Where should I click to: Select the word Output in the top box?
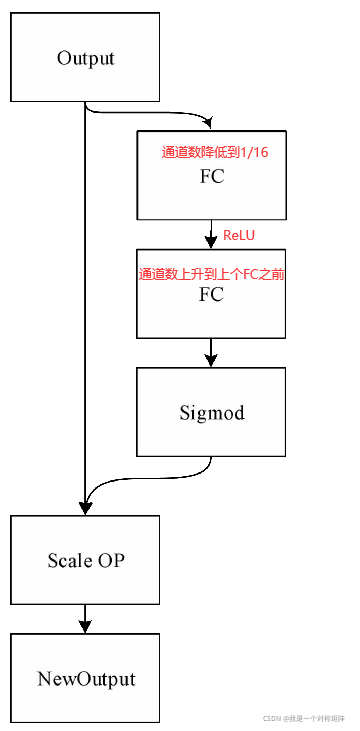point(85,58)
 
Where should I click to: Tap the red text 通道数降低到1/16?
point(210,153)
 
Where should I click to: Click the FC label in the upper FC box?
point(211,177)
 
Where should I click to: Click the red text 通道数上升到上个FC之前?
point(211,273)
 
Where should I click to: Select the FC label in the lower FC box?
point(211,295)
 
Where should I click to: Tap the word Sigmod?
point(211,412)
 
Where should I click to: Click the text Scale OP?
point(85,560)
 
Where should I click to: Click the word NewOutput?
point(85,679)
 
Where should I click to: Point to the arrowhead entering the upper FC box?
point(207,123)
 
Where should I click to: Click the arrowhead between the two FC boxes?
point(211,241)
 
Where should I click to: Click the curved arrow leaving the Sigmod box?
point(150,478)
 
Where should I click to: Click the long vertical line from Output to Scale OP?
point(85,300)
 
